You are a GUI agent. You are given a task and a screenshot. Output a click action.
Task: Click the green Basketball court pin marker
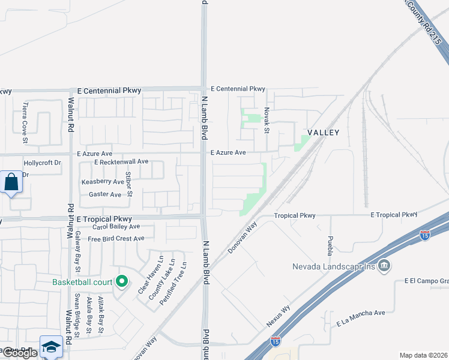(122, 281)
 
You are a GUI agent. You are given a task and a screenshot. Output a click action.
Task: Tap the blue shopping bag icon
(11, 182)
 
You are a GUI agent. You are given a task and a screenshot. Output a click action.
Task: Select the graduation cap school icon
(51, 346)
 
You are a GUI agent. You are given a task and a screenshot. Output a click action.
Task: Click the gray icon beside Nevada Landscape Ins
(385, 266)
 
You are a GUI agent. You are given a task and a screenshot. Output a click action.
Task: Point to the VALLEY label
(324, 133)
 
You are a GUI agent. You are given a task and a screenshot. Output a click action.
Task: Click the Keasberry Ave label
(103, 181)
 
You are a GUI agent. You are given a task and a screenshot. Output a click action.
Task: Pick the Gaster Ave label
(105, 194)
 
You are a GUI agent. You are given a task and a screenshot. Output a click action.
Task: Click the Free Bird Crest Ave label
(116, 238)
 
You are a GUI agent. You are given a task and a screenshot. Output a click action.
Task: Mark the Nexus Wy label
(278, 317)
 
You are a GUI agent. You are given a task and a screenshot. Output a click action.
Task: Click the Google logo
(19, 353)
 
